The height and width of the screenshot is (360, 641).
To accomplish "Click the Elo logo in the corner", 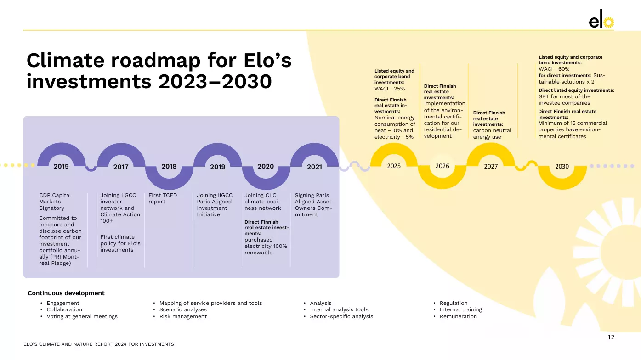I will (x=601, y=21).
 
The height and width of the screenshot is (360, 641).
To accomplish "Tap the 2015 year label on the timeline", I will (x=61, y=167).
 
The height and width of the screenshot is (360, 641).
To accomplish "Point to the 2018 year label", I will (x=169, y=167).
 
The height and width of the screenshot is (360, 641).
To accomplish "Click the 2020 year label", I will (x=266, y=167).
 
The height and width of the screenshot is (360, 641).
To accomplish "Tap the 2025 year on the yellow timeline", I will (x=394, y=166).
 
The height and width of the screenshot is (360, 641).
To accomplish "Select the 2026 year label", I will (x=442, y=166).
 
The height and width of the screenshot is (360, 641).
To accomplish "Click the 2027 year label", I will (x=491, y=167).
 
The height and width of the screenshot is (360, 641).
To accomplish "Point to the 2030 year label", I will (x=562, y=167).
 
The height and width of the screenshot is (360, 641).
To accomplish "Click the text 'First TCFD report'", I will (x=163, y=198).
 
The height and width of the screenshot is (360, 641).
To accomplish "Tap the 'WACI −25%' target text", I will (x=390, y=89).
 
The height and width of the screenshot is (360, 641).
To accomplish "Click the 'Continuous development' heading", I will (x=66, y=293).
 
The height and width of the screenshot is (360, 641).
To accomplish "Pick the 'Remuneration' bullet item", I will (x=458, y=316).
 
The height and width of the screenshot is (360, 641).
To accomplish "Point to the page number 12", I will (x=611, y=337).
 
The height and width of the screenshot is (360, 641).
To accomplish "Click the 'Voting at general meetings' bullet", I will (x=82, y=316).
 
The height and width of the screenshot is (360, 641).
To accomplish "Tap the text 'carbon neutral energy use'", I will (x=492, y=134).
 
